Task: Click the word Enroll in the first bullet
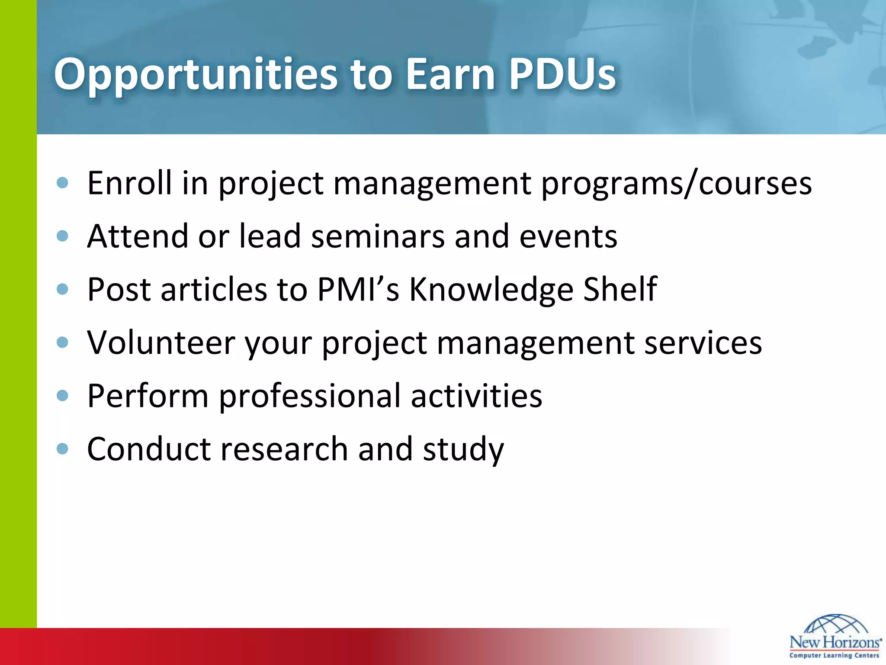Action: point(129,183)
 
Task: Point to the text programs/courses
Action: point(676,184)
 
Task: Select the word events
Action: point(568,237)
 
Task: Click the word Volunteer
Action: point(161,343)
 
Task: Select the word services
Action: point(703,343)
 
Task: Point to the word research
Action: point(284,449)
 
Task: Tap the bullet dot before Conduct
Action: point(63,449)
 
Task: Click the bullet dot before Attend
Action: point(63,236)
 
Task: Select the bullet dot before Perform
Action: point(63,396)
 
